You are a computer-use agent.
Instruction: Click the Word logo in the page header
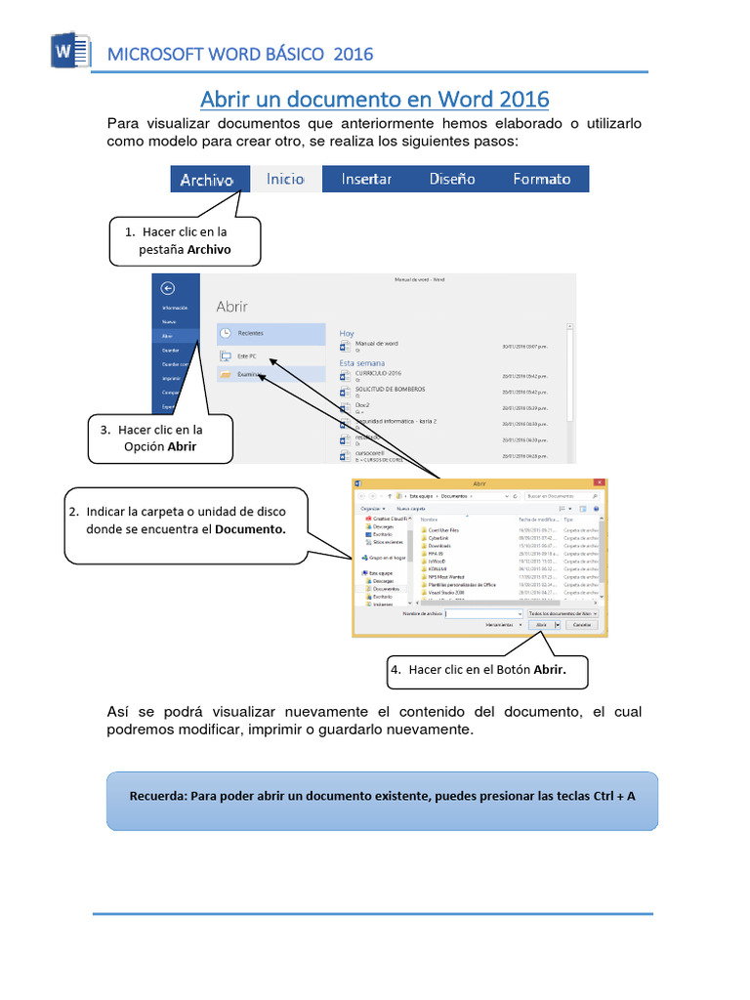coord(68,51)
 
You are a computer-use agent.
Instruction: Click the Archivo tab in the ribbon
coord(206,179)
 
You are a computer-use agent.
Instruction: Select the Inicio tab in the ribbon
coord(285,179)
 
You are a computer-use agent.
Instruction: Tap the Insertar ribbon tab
coord(366,179)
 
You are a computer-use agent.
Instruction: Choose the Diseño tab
coord(452,179)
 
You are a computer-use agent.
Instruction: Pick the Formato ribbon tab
coord(541,179)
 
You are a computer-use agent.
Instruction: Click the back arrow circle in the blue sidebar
coord(167,287)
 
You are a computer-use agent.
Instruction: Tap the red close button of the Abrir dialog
coord(597,483)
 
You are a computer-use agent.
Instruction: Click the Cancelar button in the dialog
coord(582,624)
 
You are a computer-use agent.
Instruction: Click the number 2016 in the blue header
coord(354,54)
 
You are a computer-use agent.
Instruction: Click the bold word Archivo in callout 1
coord(209,249)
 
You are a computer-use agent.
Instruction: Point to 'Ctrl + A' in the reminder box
coord(614,796)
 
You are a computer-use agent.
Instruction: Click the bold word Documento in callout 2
coord(250,528)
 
